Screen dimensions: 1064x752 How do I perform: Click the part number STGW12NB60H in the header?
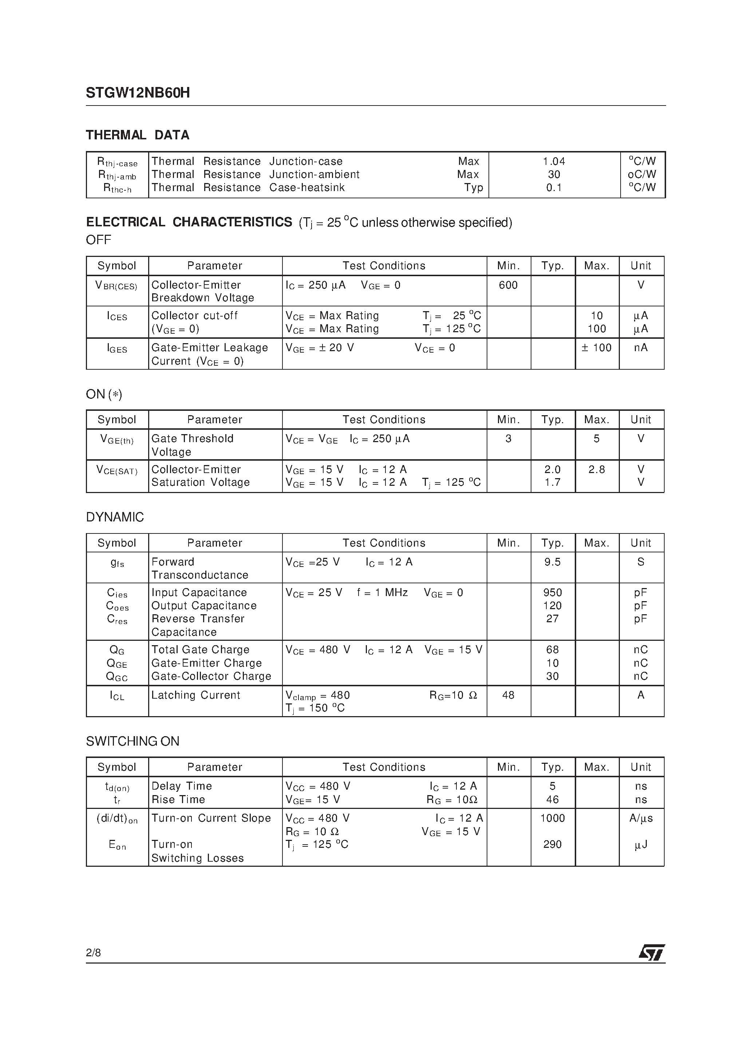click(138, 93)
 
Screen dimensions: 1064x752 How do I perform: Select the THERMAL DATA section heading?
click(138, 135)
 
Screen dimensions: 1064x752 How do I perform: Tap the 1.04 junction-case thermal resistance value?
click(554, 161)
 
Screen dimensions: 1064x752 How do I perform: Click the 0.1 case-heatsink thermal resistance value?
click(554, 188)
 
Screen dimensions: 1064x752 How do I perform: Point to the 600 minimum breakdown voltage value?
click(508, 285)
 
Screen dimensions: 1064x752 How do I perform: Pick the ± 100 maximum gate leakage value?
click(596, 348)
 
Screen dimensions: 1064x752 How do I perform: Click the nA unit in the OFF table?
click(641, 348)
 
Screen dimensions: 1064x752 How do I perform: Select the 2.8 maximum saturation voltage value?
click(596, 469)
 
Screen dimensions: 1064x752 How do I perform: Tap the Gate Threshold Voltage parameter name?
click(193, 445)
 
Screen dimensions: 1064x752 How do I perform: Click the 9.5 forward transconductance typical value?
click(552, 562)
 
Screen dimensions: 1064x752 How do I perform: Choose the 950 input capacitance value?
click(552, 593)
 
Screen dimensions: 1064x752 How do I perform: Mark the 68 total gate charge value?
click(552, 650)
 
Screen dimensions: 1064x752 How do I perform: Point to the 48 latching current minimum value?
click(508, 695)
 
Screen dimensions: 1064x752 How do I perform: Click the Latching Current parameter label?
click(196, 695)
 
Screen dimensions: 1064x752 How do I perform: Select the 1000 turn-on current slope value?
click(552, 818)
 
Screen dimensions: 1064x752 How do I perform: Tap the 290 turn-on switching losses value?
click(552, 844)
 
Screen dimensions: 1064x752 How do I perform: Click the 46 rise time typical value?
click(552, 799)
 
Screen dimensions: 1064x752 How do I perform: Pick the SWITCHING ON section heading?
click(132, 742)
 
